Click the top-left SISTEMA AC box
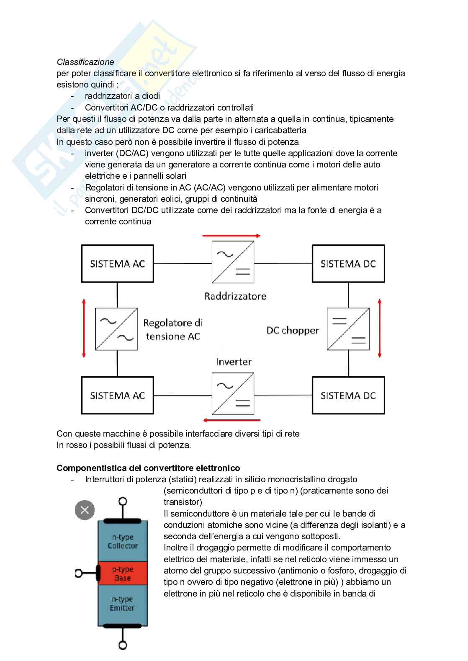click(x=117, y=264)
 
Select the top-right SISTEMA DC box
click(x=348, y=264)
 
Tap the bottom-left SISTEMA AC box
click(x=117, y=395)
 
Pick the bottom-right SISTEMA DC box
click(x=348, y=395)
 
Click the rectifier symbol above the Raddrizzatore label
click(x=233, y=262)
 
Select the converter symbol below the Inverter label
click(x=233, y=394)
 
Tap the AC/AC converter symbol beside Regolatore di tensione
click(x=116, y=329)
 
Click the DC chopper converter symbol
click(x=348, y=329)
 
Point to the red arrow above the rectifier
click(x=231, y=236)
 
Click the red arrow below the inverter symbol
click(x=231, y=419)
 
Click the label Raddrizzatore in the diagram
click(x=235, y=296)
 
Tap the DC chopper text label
click(x=293, y=330)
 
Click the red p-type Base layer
click(x=123, y=574)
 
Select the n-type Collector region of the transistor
click(x=123, y=542)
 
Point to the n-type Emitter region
click(x=123, y=604)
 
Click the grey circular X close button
click(x=85, y=510)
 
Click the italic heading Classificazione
click(x=85, y=62)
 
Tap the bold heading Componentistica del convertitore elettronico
click(x=148, y=468)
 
